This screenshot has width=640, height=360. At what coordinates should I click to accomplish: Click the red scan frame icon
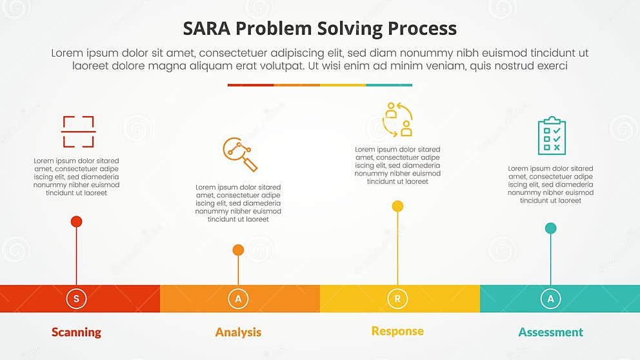pyautogui.click(x=79, y=132)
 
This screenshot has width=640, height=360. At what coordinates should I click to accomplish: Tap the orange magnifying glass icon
pyautogui.click(x=239, y=154)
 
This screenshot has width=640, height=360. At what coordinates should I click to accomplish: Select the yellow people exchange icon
pyautogui.click(x=397, y=119)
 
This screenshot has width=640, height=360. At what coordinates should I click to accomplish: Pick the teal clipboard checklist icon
pyautogui.click(x=552, y=135)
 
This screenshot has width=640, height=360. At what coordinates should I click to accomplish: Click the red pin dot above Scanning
pyautogui.click(x=76, y=222)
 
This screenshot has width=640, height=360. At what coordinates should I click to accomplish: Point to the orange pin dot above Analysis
pyautogui.click(x=238, y=250)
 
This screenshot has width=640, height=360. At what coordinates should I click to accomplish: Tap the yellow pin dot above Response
pyautogui.click(x=397, y=206)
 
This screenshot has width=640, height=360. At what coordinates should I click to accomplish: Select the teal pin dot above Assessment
pyautogui.click(x=550, y=228)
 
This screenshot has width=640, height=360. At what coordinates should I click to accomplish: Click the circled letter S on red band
pyautogui.click(x=77, y=299)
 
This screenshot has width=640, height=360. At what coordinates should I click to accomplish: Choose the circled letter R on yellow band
pyautogui.click(x=397, y=299)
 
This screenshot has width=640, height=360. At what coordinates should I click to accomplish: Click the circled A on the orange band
pyautogui.click(x=238, y=299)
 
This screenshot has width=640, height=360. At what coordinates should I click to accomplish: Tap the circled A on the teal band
pyautogui.click(x=550, y=299)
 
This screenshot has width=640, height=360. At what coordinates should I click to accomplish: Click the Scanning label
pyautogui.click(x=77, y=332)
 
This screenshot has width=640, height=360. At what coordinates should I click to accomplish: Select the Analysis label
pyautogui.click(x=238, y=332)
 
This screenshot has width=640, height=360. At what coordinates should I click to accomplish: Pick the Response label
pyautogui.click(x=397, y=331)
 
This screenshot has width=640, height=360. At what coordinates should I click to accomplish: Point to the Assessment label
pyautogui.click(x=550, y=332)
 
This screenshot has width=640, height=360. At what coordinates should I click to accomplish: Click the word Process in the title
pyautogui.click(x=422, y=28)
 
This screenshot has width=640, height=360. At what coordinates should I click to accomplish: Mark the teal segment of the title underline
pyautogui.click(x=389, y=85)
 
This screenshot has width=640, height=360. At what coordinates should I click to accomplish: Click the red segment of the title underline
pyautogui.click(x=250, y=85)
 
